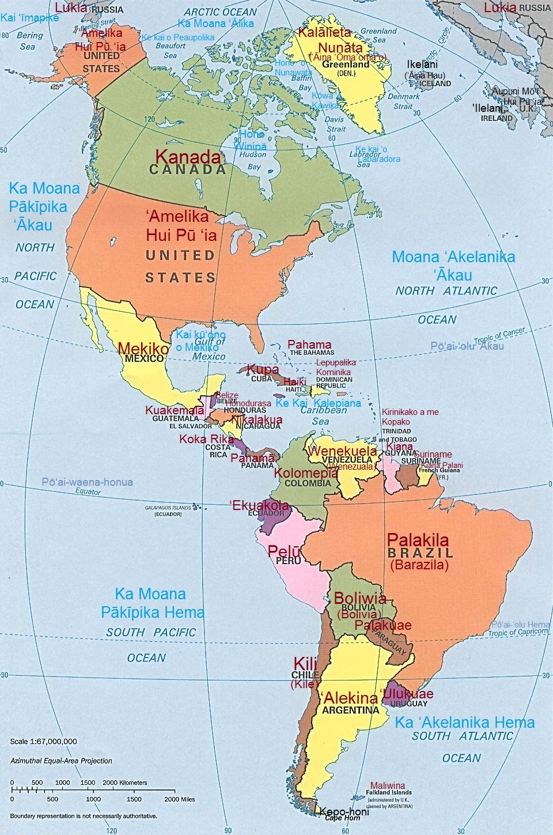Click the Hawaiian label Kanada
click(188, 157)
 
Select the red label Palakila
click(418, 540)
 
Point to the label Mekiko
click(143, 348)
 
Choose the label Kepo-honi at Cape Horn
click(344, 810)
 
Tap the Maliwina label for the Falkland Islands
click(387, 785)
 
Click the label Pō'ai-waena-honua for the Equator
click(87, 482)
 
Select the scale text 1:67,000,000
click(43, 741)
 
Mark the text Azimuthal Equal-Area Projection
click(61, 761)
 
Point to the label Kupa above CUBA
click(263, 369)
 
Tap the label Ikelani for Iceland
click(422, 65)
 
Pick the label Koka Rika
click(206, 439)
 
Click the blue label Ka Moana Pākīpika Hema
click(152, 603)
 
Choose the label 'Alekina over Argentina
click(350, 698)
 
